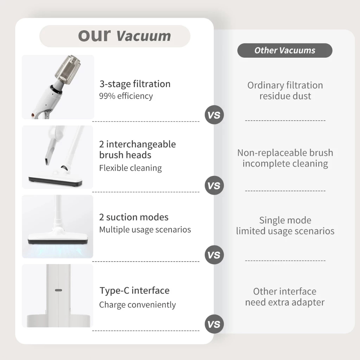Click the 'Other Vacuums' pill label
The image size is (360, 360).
(285, 50)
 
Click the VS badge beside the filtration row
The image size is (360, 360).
(214, 115)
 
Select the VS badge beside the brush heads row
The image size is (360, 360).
(214, 185)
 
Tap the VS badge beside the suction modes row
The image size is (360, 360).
(214, 255)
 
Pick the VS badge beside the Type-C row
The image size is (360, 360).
(214, 324)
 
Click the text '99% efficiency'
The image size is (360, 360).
(126, 96)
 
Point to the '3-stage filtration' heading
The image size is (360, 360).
(135, 84)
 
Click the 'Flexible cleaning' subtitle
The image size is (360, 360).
(130, 168)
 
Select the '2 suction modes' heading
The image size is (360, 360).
(134, 217)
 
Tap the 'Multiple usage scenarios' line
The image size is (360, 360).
(145, 230)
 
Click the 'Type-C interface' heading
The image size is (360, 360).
(135, 290)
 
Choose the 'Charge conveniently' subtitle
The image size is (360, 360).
(137, 305)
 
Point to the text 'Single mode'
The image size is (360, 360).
(285, 220)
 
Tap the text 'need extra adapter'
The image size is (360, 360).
(285, 302)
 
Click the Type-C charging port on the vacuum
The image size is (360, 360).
(59, 290)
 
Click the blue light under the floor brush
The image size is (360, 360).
(57, 250)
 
